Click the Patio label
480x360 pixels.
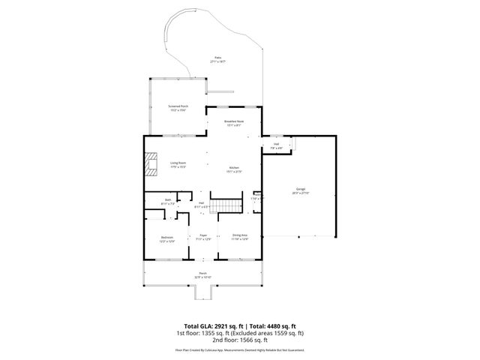point(218,57)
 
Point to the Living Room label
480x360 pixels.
point(178,163)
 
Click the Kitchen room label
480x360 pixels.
point(234,167)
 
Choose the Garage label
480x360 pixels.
point(299,190)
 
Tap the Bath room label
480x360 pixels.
point(168,199)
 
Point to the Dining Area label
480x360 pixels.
point(240,235)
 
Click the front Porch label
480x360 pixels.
point(202,272)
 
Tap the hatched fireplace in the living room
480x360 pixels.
point(152,164)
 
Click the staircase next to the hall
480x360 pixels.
point(226,205)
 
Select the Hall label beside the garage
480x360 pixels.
point(276,144)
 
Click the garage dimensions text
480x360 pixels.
point(299,193)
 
